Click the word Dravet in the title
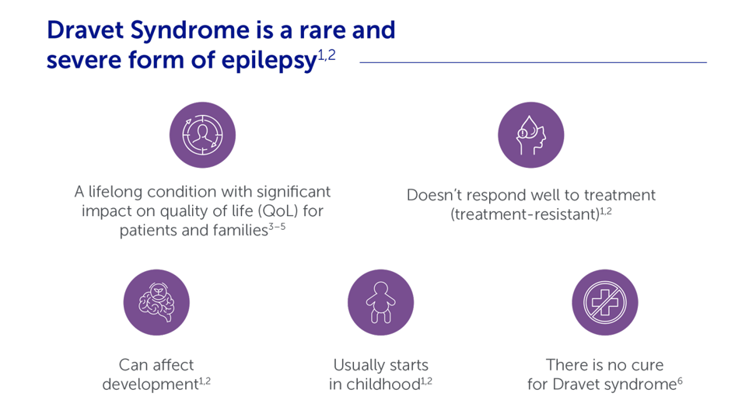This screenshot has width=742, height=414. pyautogui.click(x=86, y=30)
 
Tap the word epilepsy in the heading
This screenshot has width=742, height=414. pyautogui.click(x=269, y=61)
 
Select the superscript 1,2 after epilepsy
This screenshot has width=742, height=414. pyautogui.click(x=327, y=55)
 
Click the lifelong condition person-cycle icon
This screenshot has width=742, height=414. pyautogui.click(x=202, y=135)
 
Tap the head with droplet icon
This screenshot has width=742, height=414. pyautogui.click(x=531, y=135)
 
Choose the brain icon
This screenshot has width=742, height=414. pyautogui.click(x=156, y=302)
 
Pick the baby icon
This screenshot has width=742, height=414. pyautogui.click(x=381, y=302)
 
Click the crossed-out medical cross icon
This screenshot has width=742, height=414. pyautogui.click(x=605, y=302)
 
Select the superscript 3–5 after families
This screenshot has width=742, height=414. pyautogui.click(x=278, y=227)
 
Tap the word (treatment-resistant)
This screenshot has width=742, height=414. pyautogui.click(x=525, y=214)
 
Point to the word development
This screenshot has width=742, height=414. pyautogui.click(x=150, y=384)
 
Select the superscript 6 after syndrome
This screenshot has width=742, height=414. pyautogui.click(x=680, y=381)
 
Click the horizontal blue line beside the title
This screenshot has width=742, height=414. pyautogui.click(x=534, y=62)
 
